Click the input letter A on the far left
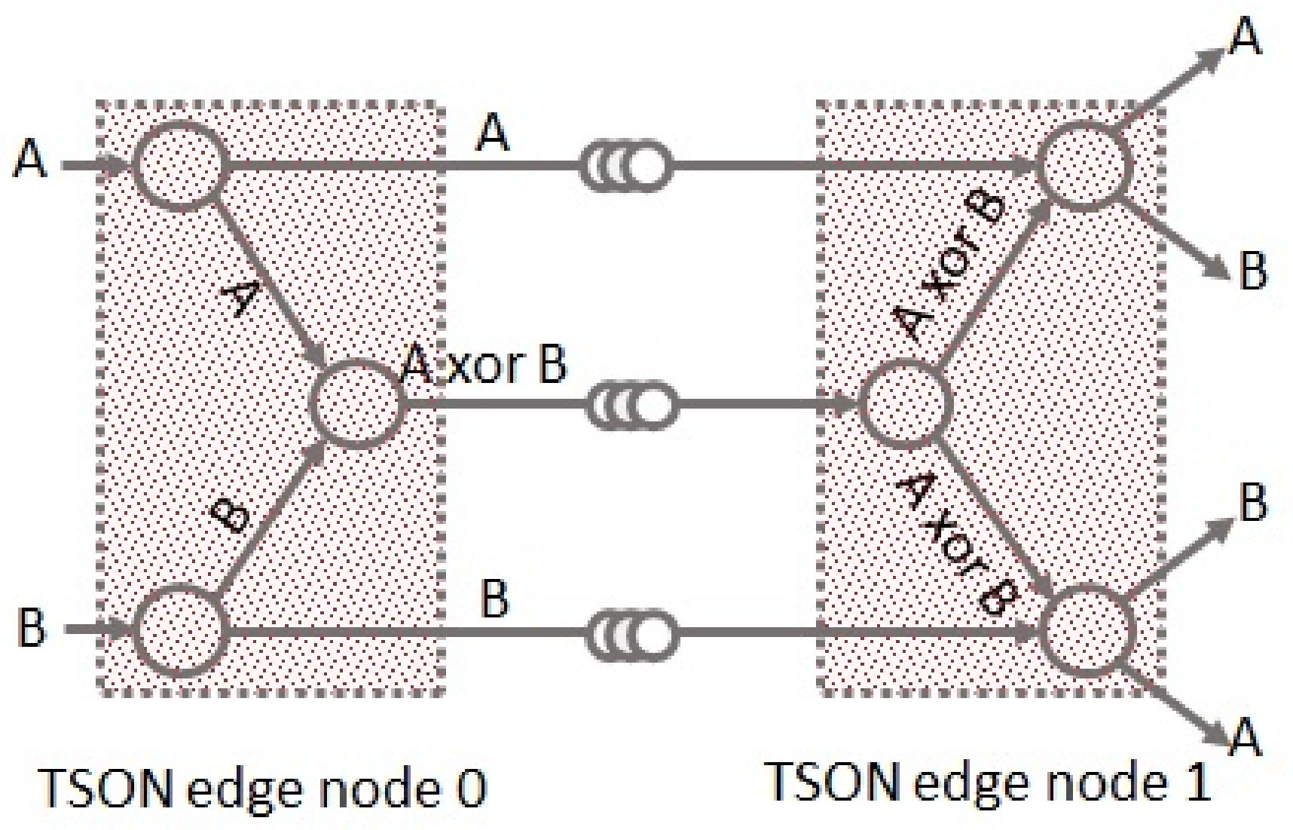30,159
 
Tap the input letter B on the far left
31,627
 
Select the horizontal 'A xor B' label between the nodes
484,365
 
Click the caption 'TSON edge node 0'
262,789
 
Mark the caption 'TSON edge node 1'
989,783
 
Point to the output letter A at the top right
1245,35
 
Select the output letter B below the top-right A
1252,271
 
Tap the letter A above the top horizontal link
494,133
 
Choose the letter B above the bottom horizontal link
494,599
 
